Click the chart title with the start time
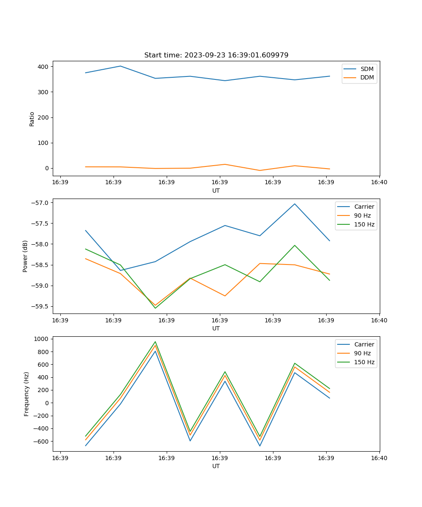tap(216, 55)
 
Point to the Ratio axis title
tap(32, 119)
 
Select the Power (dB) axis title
tap(25, 256)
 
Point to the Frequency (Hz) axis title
tap(26, 394)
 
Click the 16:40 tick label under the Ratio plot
tap(379, 183)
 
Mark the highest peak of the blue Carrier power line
tap(295, 204)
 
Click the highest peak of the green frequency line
tap(155, 342)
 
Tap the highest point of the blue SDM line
tap(120, 66)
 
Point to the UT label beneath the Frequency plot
tap(216, 466)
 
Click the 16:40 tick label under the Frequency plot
tap(379, 458)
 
